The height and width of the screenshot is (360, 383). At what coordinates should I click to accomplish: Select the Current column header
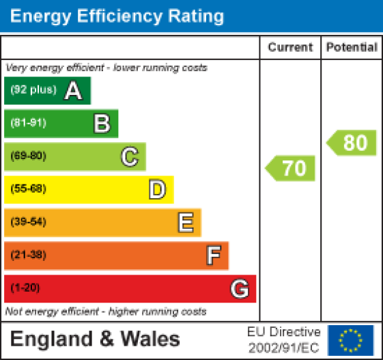(290, 48)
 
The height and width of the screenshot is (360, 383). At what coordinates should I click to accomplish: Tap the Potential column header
(352, 48)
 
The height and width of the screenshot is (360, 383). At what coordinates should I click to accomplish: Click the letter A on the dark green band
(74, 91)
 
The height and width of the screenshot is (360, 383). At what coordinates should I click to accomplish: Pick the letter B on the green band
(102, 124)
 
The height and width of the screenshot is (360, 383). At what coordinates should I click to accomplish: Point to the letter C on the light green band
(130, 156)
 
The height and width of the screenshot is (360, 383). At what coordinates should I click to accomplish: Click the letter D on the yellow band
(158, 189)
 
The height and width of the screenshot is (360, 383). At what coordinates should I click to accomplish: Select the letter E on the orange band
(185, 222)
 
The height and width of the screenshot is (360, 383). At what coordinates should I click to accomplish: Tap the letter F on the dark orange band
(213, 255)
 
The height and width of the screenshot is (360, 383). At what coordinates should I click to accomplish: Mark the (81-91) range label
(28, 124)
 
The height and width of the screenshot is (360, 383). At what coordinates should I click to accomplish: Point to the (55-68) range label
(28, 189)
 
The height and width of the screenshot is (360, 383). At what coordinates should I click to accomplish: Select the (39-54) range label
(28, 222)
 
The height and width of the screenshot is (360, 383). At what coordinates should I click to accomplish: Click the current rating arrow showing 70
(291, 168)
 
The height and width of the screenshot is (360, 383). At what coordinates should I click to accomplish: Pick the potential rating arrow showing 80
(352, 143)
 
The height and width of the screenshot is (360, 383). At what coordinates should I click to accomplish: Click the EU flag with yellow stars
(351, 339)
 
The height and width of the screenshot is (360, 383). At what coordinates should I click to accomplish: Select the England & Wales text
(95, 339)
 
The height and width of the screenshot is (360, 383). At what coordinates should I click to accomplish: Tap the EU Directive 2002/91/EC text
(283, 339)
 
